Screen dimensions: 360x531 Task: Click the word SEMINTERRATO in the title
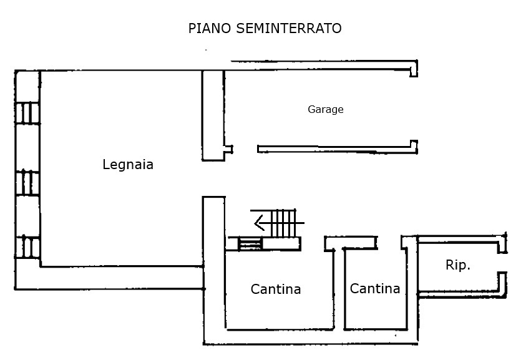289,29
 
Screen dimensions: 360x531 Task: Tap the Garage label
325,110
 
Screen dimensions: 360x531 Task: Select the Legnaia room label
128,165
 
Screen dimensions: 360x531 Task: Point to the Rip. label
458,265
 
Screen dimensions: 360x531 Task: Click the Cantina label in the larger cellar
276,289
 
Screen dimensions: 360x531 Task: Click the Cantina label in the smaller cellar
374,289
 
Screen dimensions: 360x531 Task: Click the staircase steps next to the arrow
285,223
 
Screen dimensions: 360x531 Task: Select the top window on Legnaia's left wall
28,114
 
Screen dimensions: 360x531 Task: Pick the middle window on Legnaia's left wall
28,183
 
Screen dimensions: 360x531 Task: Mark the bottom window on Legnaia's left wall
28,247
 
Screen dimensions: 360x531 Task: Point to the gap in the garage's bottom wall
245,149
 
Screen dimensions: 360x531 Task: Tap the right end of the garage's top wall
413,68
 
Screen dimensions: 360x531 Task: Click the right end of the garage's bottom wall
413,147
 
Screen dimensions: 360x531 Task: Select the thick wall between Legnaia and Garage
212,115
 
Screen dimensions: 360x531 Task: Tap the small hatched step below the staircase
250,244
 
